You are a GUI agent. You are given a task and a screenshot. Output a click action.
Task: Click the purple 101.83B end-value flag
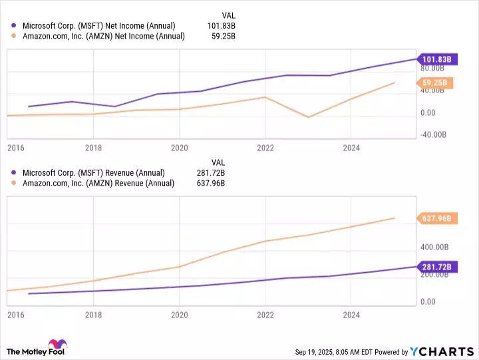pyautogui.click(x=436, y=59)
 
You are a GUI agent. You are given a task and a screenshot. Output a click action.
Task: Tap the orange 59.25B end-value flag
pyautogui.click(x=436, y=83)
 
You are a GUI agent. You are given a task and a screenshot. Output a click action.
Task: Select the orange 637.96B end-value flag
pyautogui.click(x=436, y=218)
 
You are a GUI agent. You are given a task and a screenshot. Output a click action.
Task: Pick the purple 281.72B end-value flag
pyautogui.click(x=436, y=267)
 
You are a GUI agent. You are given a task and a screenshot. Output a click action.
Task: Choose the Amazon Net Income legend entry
pyautogui.click(x=103, y=36)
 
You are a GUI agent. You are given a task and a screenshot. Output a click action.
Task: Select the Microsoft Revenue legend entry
pyautogui.click(x=93, y=173)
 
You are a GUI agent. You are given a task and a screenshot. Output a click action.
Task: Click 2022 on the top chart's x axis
pyautogui.click(x=265, y=148)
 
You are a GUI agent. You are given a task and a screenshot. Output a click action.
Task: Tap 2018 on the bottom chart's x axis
pyautogui.click(x=94, y=315)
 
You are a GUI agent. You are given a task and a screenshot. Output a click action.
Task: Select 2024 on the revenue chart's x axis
pyautogui.click(x=351, y=315)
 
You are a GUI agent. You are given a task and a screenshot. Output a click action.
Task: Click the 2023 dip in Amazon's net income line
pyautogui.click(x=308, y=117)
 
